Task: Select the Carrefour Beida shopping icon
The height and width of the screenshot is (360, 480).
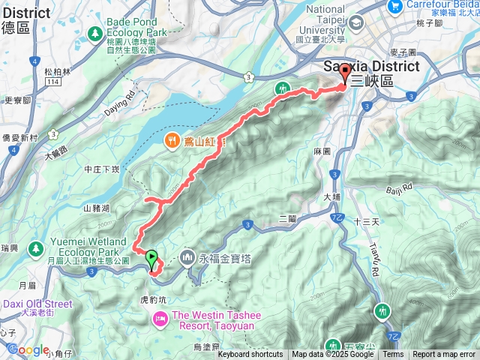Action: (394, 6)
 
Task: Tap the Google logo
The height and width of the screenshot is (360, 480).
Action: (27, 349)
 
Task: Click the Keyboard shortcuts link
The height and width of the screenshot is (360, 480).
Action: (250, 355)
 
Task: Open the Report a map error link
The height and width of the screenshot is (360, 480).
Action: (443, 355)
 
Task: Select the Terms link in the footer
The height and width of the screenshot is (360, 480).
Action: (393, 355)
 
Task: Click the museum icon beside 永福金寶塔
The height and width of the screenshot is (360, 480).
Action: (187, 258)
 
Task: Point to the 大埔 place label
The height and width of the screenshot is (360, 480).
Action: (331, 197)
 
